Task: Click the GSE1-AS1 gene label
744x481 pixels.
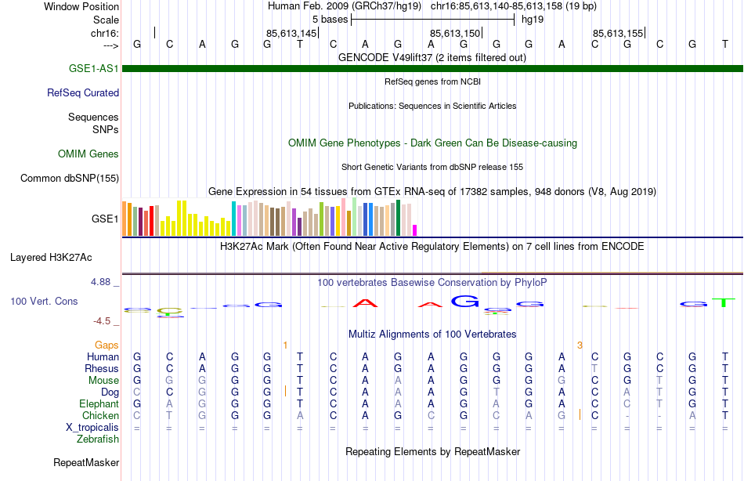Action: coord(94,69)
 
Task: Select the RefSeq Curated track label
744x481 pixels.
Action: coord(83,92)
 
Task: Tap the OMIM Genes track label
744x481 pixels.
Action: coord(88,154)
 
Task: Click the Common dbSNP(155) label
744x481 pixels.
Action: coord(70,179)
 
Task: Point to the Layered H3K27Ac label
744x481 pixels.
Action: coord(51,257)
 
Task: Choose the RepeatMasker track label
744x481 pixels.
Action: coord(85,463)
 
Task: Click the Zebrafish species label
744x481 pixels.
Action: coord(98,439)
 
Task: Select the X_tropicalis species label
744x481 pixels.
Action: coord(92,428)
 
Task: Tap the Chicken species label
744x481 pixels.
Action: coord(100,416)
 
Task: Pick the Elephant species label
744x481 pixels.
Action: coord(99,404)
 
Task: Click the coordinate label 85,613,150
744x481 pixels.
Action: coord(454,34)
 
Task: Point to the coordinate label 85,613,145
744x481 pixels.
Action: coord(291,34)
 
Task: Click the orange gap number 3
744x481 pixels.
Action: coord(580,345)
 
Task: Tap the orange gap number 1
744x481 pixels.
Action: coord(285,345)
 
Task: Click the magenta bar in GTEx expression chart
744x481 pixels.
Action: coord(414,230)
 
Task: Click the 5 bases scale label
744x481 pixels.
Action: coord(330,19)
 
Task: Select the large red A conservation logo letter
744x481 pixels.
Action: coord(365,302)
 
